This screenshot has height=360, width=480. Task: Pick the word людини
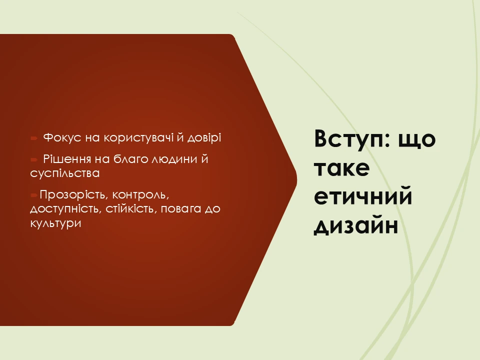click(170, 160)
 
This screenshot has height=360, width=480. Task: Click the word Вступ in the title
click(351, 139)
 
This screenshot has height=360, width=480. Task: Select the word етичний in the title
click(363, 196)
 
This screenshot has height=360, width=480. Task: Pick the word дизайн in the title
click(355, 225)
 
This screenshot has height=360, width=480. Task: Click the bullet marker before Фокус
click(33, 137)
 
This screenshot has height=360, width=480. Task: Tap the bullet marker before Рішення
click(34, 160)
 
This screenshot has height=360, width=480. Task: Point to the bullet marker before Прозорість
click(33, 194)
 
